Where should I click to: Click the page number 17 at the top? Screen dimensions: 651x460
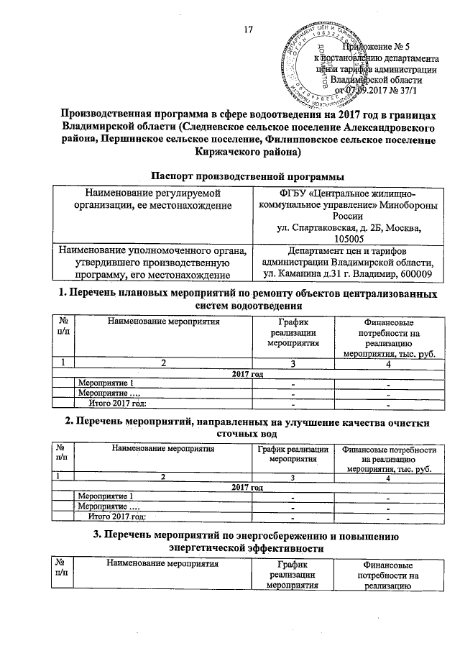coord(249,29)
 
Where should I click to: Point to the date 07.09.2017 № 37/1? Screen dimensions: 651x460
coord(377,90)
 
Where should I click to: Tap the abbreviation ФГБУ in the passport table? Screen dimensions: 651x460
coord(282,194)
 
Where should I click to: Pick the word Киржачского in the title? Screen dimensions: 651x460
coord(229,152)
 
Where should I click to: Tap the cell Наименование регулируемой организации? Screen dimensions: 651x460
coord(152,199)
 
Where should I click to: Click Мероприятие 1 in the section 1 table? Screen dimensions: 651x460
coord(105,383)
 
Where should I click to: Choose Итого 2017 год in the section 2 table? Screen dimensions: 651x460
coord(116,515)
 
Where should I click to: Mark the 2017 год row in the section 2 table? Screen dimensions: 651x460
coord(247,487)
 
